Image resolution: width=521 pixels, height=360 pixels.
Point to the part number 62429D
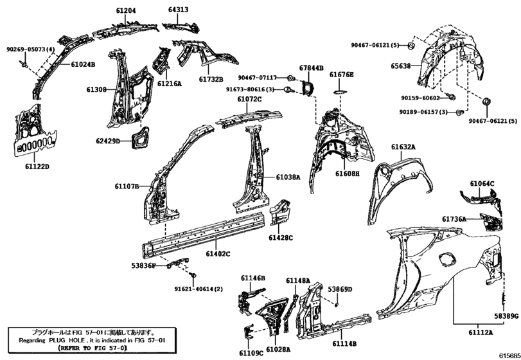pyautogui.click(x=109, y=140)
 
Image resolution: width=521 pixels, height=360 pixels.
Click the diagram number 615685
pyautogui.click(x=507, y=354)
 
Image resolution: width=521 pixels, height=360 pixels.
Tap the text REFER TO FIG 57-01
pyautogui.click(x=93, y=347)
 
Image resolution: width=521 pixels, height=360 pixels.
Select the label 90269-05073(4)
pyautogui.click(x=30, y=50)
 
